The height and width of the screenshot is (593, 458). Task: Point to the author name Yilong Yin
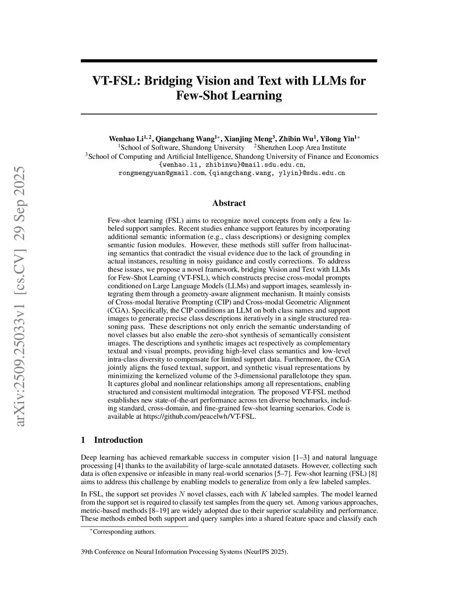pyautogui.click(x=337, y=138)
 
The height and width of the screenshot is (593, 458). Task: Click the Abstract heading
pyautogui.click(x=229, y=203)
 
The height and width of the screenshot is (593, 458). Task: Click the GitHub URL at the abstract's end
pyautogui.click(x=199, y=416)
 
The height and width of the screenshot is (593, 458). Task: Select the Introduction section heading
pyautogui.click(x=118, y=440)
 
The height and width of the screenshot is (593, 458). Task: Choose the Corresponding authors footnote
pyautogui.click(x=124, y=532)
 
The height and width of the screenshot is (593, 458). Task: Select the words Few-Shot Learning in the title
pyautogui.click(x=229, y=96)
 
